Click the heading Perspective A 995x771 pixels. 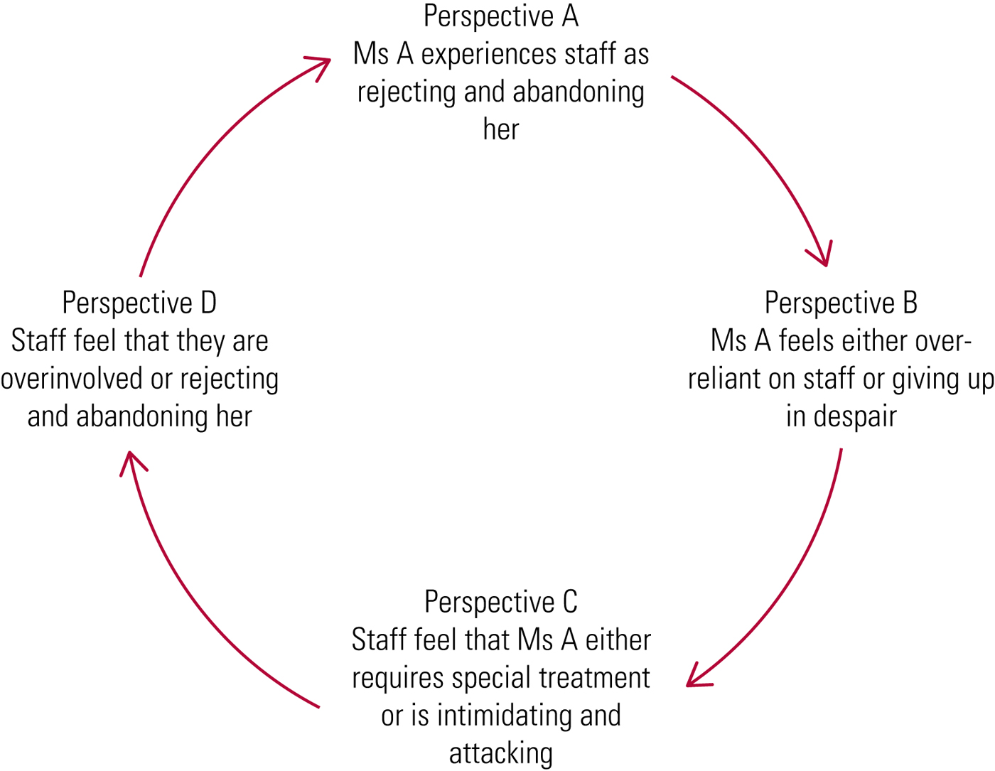point(501,16)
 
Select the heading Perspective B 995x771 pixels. point(841,303)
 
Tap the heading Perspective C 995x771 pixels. point(501,602)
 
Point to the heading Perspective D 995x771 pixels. point(139,303)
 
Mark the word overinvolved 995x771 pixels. point(72,379)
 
